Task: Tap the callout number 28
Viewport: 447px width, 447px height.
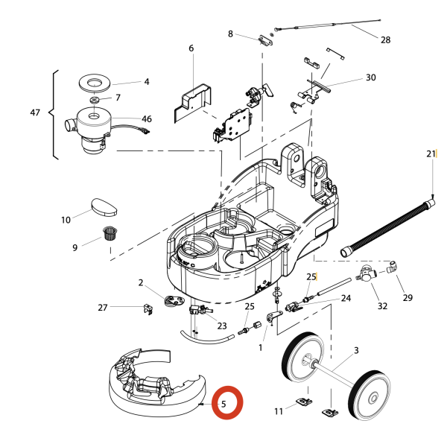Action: (385, 39)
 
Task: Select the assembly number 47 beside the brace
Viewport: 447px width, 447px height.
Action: (35, 112)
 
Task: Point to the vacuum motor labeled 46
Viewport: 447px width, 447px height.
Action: (91, 129)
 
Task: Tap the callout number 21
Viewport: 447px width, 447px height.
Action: (431, 154)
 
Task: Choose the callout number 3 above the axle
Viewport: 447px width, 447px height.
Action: (356, 350)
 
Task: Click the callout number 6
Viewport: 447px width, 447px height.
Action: (191, 48)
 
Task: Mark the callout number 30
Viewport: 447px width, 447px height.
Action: (370, 77)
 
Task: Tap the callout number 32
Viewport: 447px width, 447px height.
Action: (382, 305)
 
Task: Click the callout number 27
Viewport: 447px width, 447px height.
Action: (103, 307)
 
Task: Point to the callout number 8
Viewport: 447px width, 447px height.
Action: (230, 34)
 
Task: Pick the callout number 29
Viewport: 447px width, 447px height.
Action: (408, 298)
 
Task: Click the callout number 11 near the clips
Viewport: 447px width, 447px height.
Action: (278, 410)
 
